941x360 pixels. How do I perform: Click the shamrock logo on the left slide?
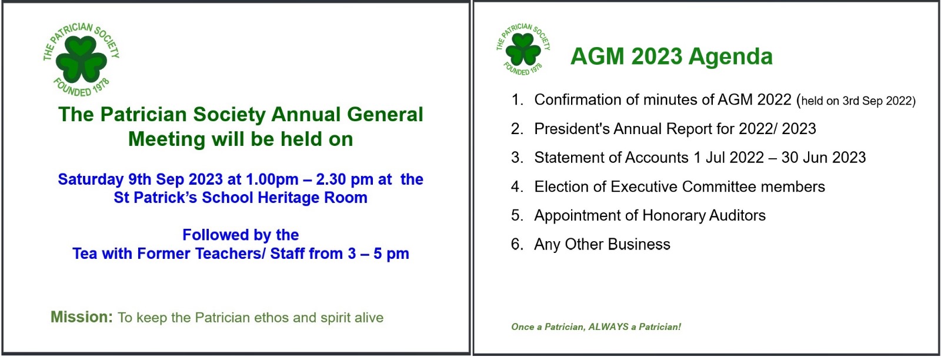pos(81,59)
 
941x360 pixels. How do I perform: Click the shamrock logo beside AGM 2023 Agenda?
pos(523,49)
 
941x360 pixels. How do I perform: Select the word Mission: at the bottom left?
pos(82,316)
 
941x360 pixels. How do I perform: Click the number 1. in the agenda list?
pos(517,100)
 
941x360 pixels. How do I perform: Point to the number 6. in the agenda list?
pos(517,245)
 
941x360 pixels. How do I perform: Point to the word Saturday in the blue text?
pos(91,179)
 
